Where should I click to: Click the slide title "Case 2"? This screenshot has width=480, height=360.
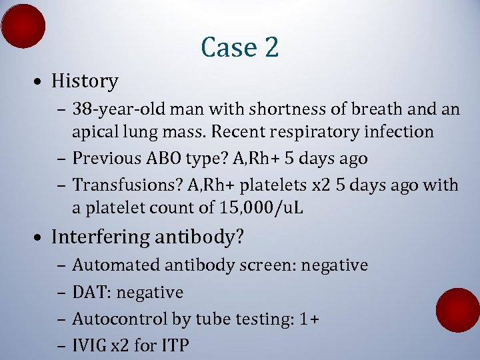tap(239, 47)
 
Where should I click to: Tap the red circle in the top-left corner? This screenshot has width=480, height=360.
tap(23, 26)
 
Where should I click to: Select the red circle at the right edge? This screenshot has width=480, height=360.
tap(457, 309)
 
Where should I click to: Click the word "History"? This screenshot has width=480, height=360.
tap(85, 81)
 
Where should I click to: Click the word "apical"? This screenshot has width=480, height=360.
tap(95, 132)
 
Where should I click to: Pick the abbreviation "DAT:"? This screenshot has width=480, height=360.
tap(89, 292)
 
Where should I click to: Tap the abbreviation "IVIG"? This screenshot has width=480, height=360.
tap(88, 345)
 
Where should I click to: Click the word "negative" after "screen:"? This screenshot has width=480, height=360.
tap(335, 265)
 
